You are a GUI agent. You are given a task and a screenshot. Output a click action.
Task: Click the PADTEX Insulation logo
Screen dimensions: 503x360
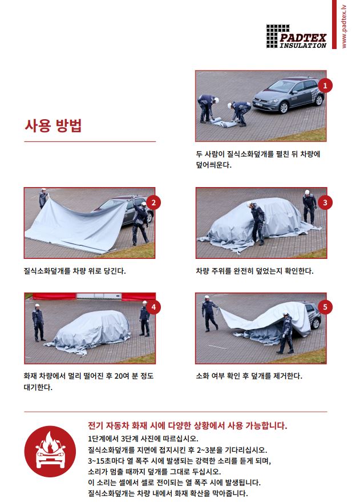296,36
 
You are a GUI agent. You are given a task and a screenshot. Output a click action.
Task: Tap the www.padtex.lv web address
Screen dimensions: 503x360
343,25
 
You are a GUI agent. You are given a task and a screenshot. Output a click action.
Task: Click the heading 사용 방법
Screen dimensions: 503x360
53,125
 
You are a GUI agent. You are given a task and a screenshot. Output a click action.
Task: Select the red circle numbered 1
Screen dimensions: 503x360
325,86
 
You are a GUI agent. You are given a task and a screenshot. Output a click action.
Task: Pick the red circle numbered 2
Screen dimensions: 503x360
153,202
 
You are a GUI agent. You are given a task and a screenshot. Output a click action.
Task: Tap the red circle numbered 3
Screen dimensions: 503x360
325,202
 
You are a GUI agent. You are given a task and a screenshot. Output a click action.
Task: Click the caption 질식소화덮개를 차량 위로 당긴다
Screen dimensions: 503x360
75,270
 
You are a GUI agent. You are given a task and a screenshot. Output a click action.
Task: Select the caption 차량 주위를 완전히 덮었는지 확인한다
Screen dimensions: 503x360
254,270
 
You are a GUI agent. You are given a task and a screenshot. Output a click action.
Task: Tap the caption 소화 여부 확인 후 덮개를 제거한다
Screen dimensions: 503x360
249,376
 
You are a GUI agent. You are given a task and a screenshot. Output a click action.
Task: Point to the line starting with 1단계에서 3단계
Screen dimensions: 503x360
143,439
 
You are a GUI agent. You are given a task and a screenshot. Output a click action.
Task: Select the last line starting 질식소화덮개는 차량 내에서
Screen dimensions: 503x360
168,493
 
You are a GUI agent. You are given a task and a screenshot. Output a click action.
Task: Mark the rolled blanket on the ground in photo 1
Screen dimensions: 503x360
222,121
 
